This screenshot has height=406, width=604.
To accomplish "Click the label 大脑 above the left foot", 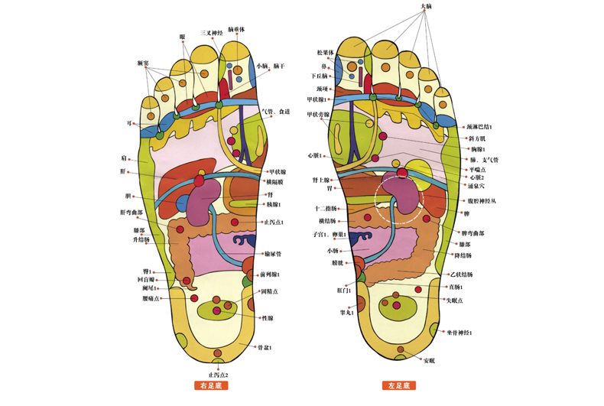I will click(x=427, y=7).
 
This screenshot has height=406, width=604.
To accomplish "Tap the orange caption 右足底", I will click(x=214, y=387).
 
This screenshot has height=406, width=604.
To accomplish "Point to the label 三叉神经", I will click(x=212, y=33).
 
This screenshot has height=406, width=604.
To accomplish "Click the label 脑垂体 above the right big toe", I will click(x=237, y=29).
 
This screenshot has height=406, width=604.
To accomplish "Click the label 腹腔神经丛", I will click(x=482, y=200).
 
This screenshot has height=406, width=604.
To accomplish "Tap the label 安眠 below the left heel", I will click(x=429, y=359).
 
